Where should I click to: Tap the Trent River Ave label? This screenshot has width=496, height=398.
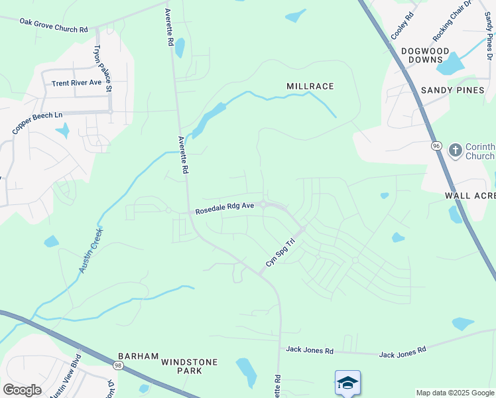[x=77, y=83]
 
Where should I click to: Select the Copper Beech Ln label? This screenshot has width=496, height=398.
[x=37, y=123]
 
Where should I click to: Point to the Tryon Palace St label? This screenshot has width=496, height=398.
[x=102, y=68]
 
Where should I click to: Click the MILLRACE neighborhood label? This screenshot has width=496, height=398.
[x=310, y=86]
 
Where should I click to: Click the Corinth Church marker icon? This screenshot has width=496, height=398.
[x=455, y=151]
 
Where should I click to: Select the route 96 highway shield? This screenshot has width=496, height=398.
[x=436, y=145]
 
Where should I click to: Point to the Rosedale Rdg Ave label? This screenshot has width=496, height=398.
[x=225, y=208]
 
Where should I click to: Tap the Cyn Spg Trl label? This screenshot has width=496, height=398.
[x=279, y=254]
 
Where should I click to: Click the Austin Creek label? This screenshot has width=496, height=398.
[x=90, y=251]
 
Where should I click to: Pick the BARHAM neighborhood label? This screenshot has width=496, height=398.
[x=138, y=356]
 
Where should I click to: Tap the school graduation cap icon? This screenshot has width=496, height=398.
[x=347, y=383]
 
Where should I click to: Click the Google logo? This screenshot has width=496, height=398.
[x=22, y=389]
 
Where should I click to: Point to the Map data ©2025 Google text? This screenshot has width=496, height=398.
[x=456, y=393]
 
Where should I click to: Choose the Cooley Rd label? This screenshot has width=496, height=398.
[x=403, y=25]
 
